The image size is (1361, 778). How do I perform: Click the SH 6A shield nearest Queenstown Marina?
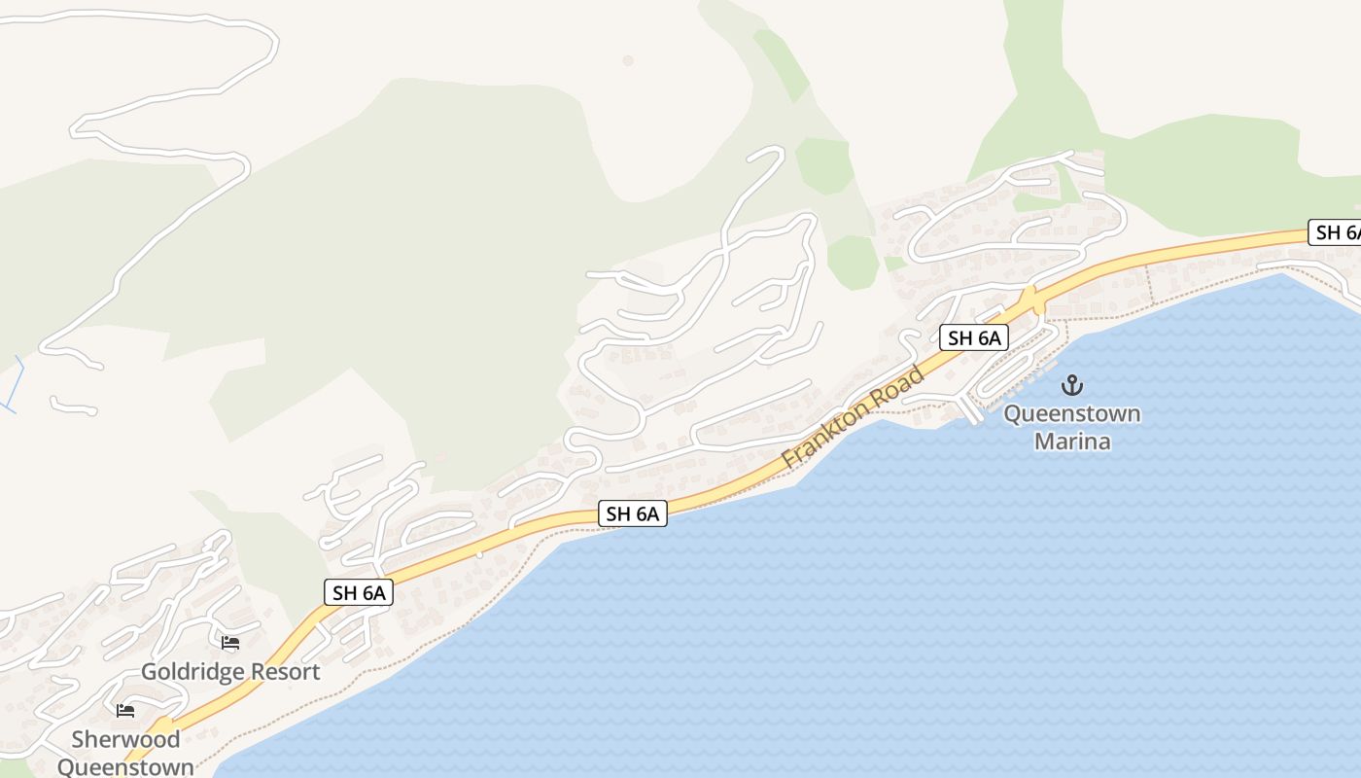(x=973, y=337)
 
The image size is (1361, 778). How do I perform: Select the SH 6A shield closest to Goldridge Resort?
(x=359, y=592)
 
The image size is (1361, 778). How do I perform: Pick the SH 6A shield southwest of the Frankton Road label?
(x=633, y=513)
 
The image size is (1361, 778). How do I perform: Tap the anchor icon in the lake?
(x=1071, y=385)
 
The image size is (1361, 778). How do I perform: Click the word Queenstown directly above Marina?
(x=1071, y=414)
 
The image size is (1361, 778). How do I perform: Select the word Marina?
(x=1071, y=442)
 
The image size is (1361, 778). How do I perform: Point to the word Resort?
(x=283, y=672)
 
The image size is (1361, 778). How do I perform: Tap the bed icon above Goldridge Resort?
(x=230, y=643)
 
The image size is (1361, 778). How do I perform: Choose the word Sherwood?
(x=125, y=739)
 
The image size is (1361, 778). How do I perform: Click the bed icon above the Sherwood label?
(x=125, y=711)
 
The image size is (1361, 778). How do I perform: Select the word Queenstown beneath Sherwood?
(x=125, y=766)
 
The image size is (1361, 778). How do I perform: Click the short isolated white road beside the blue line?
(x=73, y=407)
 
